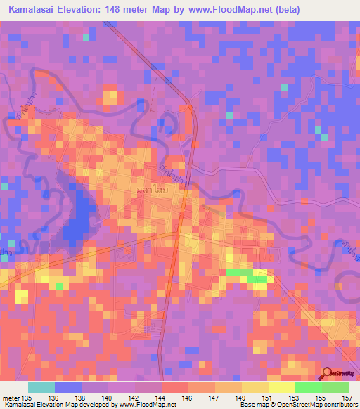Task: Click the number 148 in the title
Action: [129, 10]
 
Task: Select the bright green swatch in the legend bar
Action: [309, 387]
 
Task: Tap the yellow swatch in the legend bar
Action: [282, 387]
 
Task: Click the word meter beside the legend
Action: [11, 398]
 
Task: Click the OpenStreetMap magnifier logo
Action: [328, 374]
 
